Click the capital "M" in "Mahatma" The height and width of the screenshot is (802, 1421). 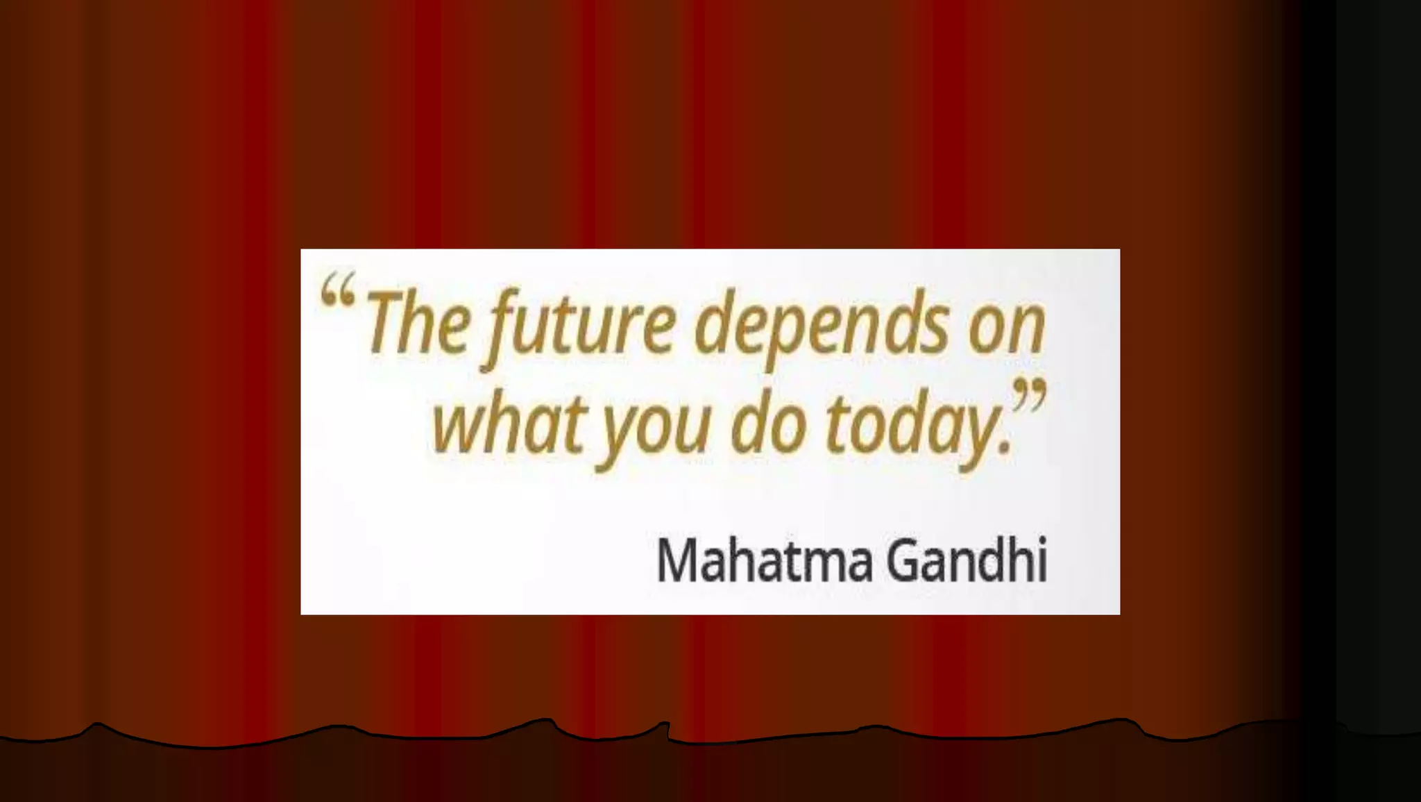pos(680,560)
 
